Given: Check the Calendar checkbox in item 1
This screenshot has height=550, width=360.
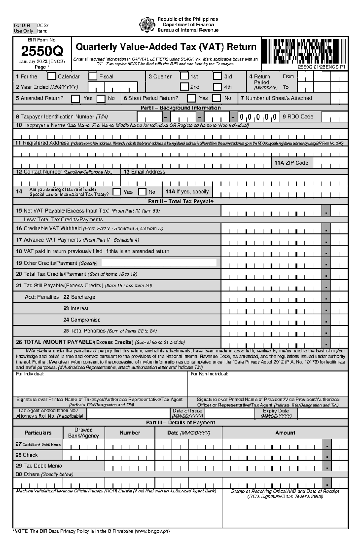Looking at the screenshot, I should (x=52, y=76).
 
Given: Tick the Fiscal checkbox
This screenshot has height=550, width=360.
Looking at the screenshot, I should (x=93, y=76).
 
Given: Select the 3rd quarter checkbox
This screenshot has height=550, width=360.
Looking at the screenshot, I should (x=217, y=76).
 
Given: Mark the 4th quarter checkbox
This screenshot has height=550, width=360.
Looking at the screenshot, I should (x=217, y=87).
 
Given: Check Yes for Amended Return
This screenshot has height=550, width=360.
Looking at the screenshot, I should (x=76, y=98).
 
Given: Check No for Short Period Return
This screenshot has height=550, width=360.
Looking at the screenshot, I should (x=216, y=98).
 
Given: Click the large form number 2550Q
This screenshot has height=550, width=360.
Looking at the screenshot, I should (x=42, y=52).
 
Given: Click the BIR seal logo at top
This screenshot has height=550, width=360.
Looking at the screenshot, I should (x=147, y=25).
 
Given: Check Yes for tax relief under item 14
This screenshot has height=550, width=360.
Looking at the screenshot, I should (x=117, y=192).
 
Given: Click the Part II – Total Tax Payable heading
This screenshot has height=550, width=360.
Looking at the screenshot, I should (x=181, y=201).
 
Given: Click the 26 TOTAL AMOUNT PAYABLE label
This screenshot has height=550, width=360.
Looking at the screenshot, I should (x=74, y=342).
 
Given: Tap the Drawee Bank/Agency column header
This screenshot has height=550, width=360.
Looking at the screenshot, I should (x=83, y=433).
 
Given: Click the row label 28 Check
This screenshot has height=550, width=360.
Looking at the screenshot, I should (x=27, y=455).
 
